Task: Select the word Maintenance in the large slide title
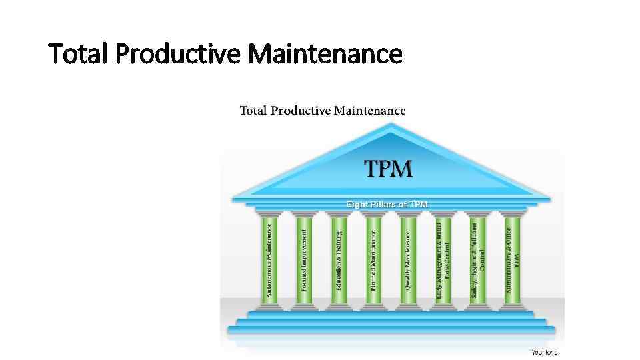pyautogui.click(x=325, y=54)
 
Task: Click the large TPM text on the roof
pyautogui.click(x=389, y=169)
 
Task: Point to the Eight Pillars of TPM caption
pyautogui.click(x=387, y=203)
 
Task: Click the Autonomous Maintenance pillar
pyautogui.click(x=269, y=259)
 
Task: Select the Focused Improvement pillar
pyautogui.click(x=304, y=259)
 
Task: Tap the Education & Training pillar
pyautogui.click(x=339, y=259)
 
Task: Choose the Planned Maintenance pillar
pyautogui.click(x=373, y=259)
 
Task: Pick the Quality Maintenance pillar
pyautogui.click(x=408, y=259)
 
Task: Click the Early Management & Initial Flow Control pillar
pyautogui.click(x=443, y=259)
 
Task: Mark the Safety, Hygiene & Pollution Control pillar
pyautogui.click(x=478, y=259)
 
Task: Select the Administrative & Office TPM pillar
pyautogui.click(x=512, y=259)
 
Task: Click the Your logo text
pyautogui.click(x=545, y=352)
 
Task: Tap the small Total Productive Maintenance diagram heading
pyautogui.click(x=322, y=111)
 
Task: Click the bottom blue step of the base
pyautogui.click(x=391, y=329)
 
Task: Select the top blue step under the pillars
pyautogui.click(x=391, y=313)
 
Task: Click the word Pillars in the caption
pyautogui.click(x=387, y=203)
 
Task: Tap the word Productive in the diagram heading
pyautogui.click(x=304, y=111)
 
